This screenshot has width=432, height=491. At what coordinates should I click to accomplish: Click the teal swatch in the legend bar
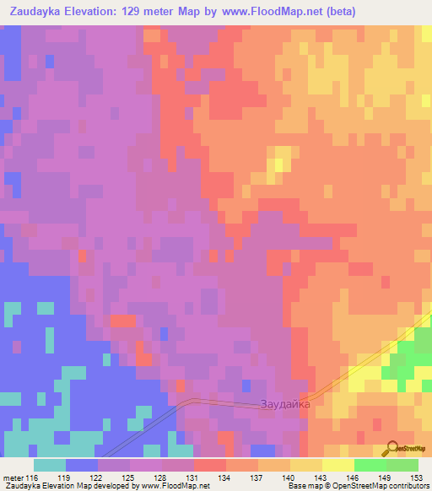50,464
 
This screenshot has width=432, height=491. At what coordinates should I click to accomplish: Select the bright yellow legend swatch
337,464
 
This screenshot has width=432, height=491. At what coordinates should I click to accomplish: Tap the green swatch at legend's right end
402,464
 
